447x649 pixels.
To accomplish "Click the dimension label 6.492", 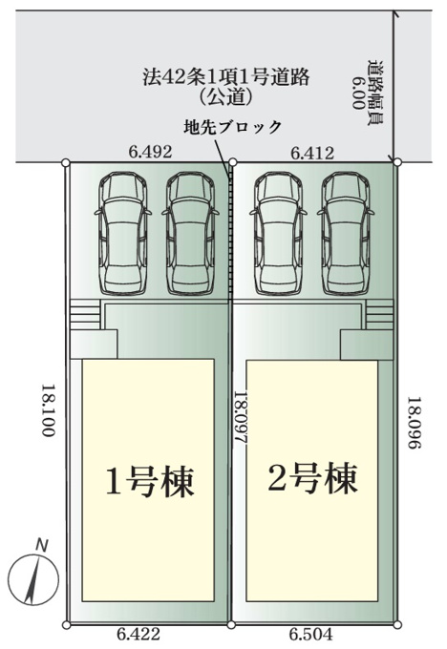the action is (x=150, y=153).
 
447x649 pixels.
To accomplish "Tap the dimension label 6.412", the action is (x=312, y=153).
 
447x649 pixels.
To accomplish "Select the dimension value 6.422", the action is (x=138, y=634).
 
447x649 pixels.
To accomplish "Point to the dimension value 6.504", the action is (x=310, y=634).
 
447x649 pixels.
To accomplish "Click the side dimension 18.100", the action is (x=48, y=410).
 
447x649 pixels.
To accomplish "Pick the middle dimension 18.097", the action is (x=241, y=418).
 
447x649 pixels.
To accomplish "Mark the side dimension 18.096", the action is (x=415, y=424).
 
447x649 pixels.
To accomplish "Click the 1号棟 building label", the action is (x=150, y=481).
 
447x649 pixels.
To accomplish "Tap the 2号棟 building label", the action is (x=312, y=479).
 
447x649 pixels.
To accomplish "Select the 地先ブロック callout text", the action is (x=232, y=127).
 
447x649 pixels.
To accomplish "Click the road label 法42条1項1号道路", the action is (x=226, y=77).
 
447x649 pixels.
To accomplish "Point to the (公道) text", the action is (x=226, y=97).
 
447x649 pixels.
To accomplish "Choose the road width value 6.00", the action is (x=359, y=93).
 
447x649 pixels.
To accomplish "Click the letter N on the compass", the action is (x=41, y=545).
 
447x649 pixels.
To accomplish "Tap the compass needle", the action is (x=32, y=580).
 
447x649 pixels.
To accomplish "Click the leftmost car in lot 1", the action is (x=122, y=234).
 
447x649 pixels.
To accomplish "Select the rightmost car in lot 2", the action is (x=346, y=234).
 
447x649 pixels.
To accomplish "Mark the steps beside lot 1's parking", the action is (x=85, y=314).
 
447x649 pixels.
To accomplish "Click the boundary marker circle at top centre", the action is (x=232, y=162).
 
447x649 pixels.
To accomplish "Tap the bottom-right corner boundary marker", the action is (x=397, y=624).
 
